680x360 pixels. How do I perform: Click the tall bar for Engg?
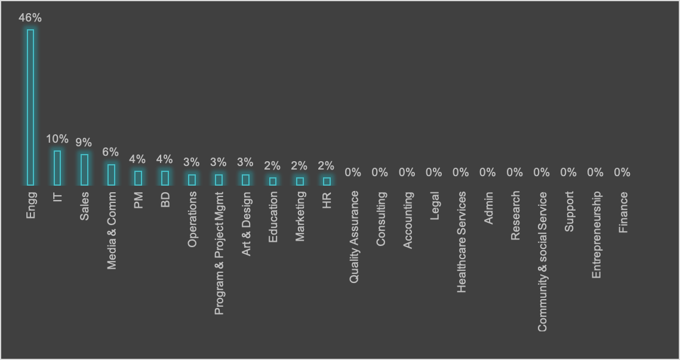click(x=30, y=107)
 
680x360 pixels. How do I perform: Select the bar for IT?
click(x=57, y=168)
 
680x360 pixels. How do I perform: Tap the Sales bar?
click(x=84, y=170)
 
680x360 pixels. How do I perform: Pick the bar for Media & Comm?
click(x=112, y=174)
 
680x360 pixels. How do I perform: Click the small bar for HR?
click(x=327, y=181)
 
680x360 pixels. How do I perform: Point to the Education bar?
click(x=273, y=181)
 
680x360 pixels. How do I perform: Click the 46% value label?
click(x=30, y=18)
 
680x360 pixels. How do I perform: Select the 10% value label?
click(x=57, y=139)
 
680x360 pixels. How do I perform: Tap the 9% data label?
click(x=84, y=142)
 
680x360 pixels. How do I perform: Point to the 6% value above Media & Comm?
click(x=110, y=152)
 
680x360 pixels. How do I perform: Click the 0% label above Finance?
click(x=622, y=173)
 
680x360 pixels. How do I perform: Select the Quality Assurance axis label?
click(x=354, y=237)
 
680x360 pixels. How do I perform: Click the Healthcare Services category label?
click(x=461, y=242)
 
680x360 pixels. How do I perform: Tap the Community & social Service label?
click(x=542, y=261)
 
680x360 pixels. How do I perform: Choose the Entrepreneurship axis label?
click(x=596, y=235)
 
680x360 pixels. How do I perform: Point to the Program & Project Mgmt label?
click(x=219, y=253)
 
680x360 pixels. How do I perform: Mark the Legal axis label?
click(x=435, y=205)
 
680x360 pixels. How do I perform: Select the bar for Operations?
click(x=192, y=179)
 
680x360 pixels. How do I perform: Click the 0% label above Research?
click(x=515, y=173)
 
